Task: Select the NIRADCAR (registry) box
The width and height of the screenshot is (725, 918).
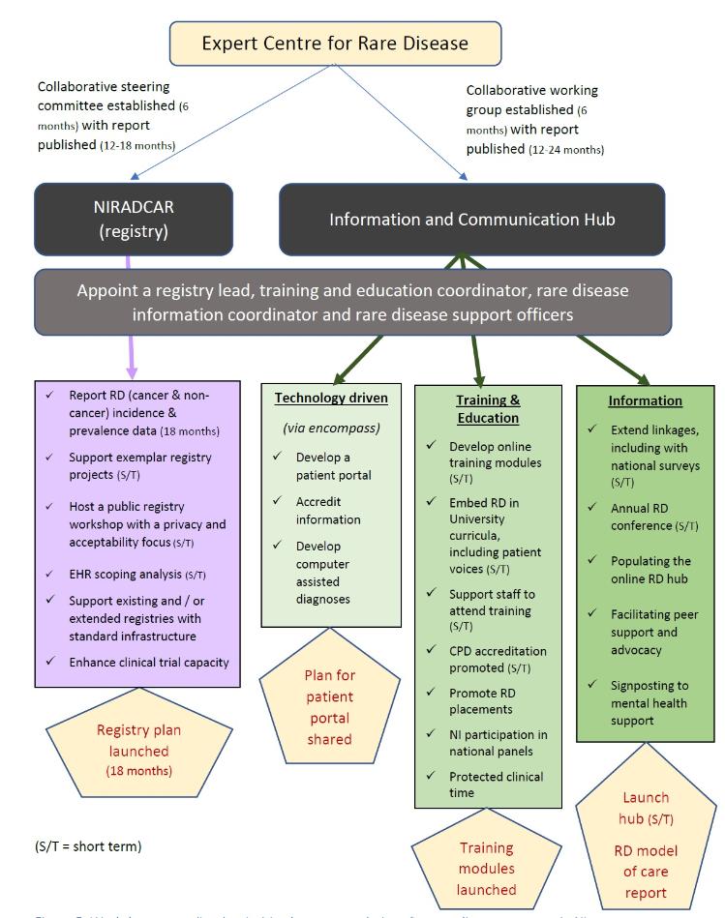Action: tap(134, 219)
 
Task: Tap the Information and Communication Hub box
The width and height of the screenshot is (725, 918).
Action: tap(471, 220)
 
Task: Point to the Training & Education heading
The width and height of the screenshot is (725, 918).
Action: tap(488, 408)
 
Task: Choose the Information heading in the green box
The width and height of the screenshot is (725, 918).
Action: tap(645, 400)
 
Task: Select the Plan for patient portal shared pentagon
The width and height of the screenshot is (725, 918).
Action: tap(329, 706)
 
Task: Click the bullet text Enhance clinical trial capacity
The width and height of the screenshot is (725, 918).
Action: tap(148, 663)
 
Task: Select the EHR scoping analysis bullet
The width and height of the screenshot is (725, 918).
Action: tap(137, 574)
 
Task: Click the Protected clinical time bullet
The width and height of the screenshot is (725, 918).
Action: tap(496, 785)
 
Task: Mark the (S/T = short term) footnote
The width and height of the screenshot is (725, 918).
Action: tap(88, 846)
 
